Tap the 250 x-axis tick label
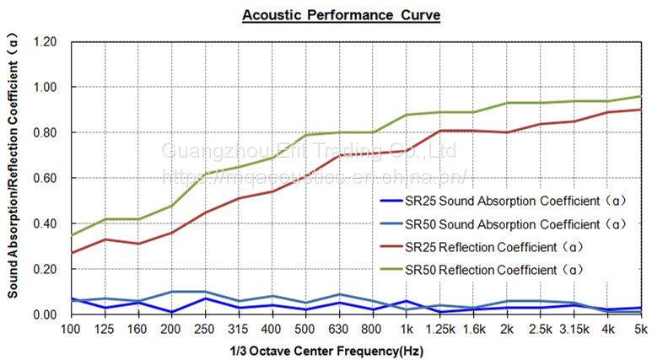[206, 328]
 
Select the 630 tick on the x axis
[339, 328]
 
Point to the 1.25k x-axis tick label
[439, 328]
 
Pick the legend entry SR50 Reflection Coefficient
[493, 269]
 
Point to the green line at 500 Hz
[306, 135]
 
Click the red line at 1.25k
[439, 131]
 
